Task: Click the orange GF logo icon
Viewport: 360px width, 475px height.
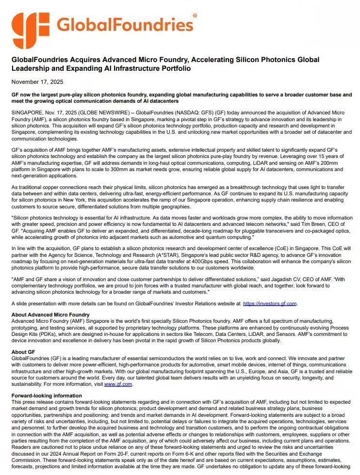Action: click(x=31, y=31)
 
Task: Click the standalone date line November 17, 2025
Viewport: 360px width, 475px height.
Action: click(x=37, y=81)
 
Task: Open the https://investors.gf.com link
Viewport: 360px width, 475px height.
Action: click(x=269, y=303)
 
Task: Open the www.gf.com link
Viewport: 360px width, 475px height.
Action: click(x=118, y=384)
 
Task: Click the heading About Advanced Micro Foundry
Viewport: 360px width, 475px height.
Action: click(x=50, y=315)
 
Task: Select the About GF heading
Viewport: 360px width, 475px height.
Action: click(x=23, y=352)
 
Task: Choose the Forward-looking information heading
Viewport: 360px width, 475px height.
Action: click(x=47, y=396)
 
